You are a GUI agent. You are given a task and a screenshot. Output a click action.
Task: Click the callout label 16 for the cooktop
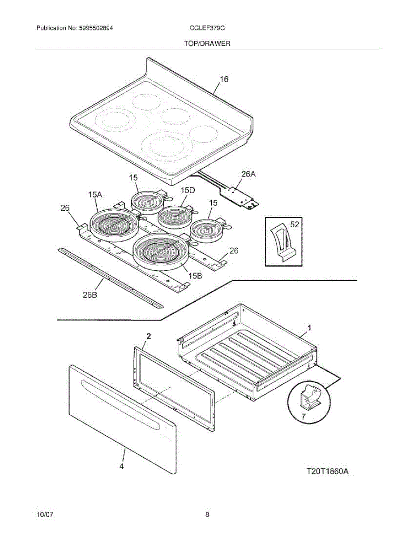click(x=224, y=79)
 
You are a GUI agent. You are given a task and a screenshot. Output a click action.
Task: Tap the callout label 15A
click(x=95, y=195)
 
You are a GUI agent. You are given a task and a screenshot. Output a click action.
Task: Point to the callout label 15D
click(x=188, y=191)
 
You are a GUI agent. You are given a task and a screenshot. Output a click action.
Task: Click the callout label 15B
click(x=195, y=276)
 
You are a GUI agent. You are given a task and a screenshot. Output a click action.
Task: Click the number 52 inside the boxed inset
click(x=294, y=225)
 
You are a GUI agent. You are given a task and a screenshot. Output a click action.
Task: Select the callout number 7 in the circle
click(x=303, y=417)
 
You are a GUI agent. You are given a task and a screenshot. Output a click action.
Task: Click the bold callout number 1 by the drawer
click(x=308, y=328)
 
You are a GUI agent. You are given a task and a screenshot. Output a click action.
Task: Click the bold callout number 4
click(x=121, y=466)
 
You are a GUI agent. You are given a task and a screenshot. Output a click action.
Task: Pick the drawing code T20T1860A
click(x=327, y=472)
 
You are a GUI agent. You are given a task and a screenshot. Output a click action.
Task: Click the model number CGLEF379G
click(x=207, y=28)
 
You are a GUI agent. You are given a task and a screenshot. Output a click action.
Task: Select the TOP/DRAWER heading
click(x=207, y=43)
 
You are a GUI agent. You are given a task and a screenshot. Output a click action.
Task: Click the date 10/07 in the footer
click(x=44, y=515)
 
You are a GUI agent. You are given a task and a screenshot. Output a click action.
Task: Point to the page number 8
click(x=207, y=515)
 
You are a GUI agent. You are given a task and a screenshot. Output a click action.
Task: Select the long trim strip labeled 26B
click(x=110, y=278)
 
